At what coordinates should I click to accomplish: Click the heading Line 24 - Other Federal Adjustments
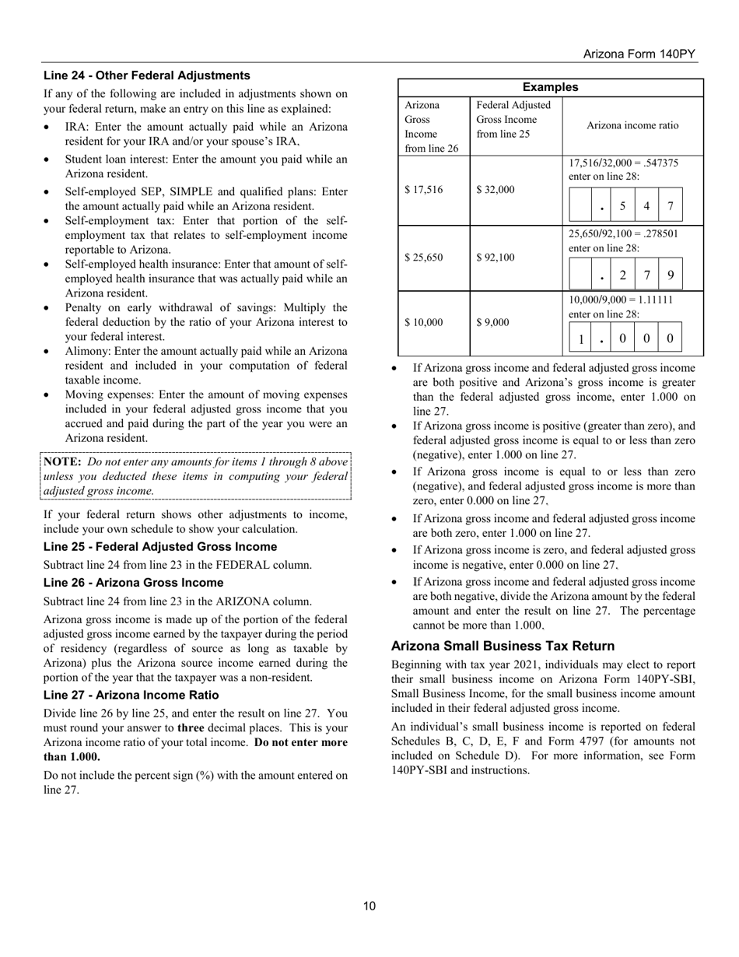(146, 75)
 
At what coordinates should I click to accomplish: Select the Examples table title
(550, 87)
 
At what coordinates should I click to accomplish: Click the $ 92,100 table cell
(495, 258)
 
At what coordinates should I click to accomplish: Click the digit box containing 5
(623, 206)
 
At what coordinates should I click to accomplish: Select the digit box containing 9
(671, 274)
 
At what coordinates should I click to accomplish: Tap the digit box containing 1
(581, 339)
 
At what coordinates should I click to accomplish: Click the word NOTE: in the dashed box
(62, 461)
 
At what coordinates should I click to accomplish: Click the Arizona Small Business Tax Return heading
(503, 646)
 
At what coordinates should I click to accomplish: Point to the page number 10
(369, 906)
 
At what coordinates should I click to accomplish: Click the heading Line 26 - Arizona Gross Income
(133, 582)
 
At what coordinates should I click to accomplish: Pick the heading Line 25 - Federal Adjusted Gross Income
(159, 546)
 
